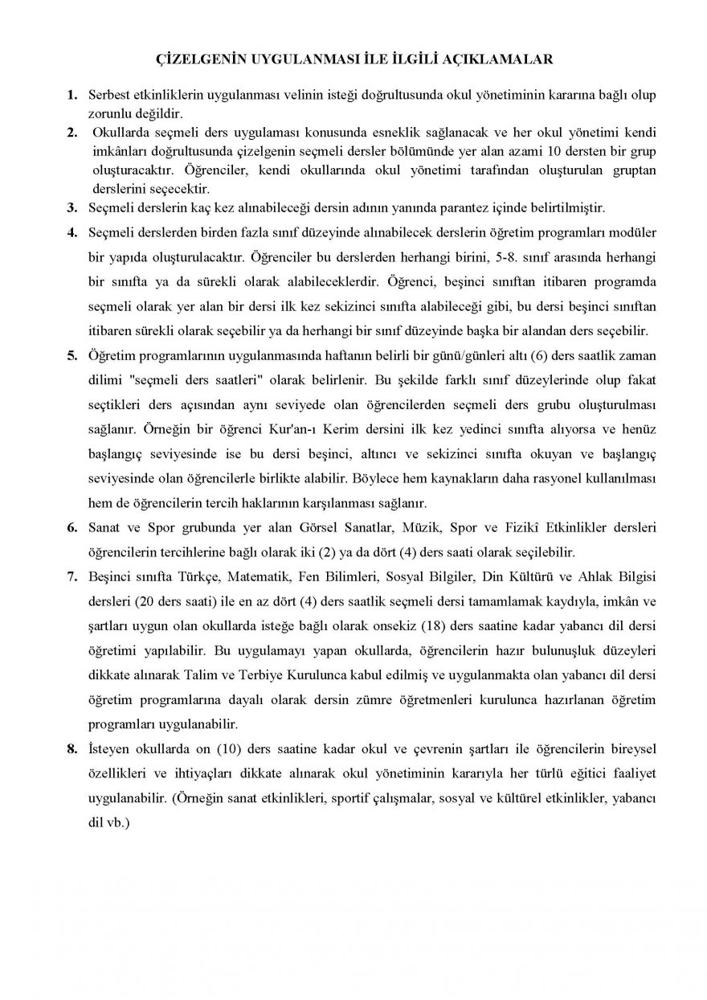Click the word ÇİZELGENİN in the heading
pos(195,59)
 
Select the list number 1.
pos(72,95)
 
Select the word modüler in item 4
pos(635,233)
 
